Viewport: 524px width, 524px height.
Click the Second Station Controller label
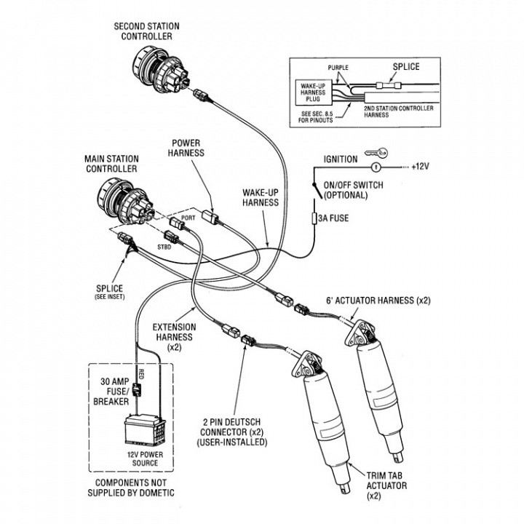[146, 31]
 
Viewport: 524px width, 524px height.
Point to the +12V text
[421, 167]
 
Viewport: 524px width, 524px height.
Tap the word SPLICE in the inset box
[406, 67]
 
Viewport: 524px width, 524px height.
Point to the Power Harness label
[187, 148]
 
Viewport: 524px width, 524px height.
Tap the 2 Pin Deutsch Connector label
[221, 432]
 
